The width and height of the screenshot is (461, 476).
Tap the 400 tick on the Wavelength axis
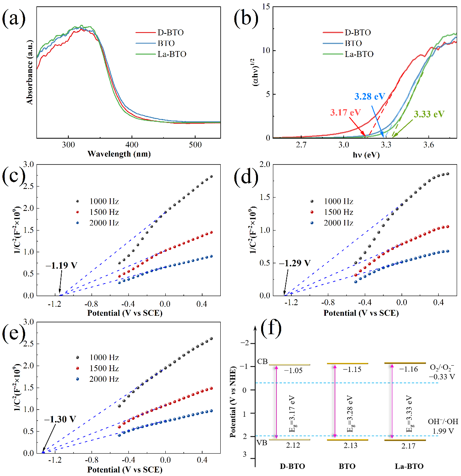pos(132,145)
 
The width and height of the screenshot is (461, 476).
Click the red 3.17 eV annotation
pos(345,113)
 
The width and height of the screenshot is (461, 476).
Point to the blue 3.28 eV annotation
pos(370,97)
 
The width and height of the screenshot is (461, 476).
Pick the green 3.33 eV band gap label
pos(429,114)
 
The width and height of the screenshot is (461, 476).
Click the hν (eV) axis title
pos(366,155)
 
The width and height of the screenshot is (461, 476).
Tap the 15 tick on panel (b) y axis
pos(266,7)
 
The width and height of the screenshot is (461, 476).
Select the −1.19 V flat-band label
pos(61,265)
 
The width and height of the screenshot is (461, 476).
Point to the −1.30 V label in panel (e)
pos(60,419)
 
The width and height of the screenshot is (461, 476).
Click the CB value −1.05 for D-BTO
pos(293,371)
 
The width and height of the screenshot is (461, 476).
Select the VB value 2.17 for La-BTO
pos(408,446)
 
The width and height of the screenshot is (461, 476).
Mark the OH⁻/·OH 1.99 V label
pos(443,426)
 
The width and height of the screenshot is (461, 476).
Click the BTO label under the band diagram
pos(347,467)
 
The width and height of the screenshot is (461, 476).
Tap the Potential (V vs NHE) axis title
pos(233,401)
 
